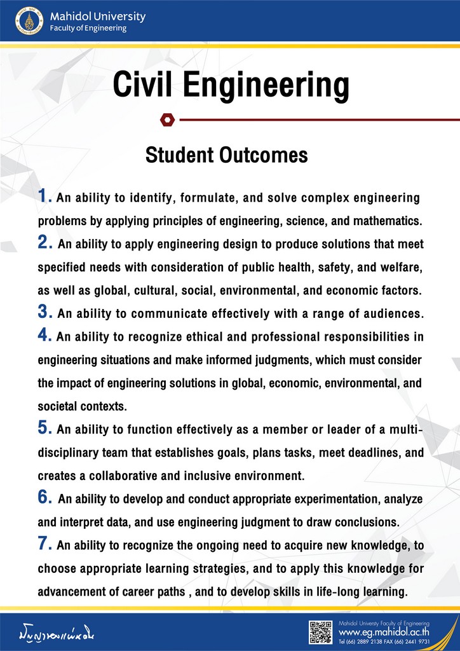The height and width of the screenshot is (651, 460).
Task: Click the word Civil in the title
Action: tap(147, 85)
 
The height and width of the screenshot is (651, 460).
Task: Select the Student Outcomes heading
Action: tap(227, 154)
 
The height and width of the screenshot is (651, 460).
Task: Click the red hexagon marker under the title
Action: tap(167, 118)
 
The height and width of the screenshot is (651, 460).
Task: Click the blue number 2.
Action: tap(44, 242)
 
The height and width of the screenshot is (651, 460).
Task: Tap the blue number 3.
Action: tap(44, 312)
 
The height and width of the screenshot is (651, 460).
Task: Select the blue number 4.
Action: tap(44, 335)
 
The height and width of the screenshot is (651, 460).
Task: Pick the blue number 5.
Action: tap(44, 428)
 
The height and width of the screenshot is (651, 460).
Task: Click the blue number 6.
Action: tap(44, 498)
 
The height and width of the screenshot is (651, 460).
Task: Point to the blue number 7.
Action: tap(44, 544)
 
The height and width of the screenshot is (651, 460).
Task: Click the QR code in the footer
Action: tap(320, 632)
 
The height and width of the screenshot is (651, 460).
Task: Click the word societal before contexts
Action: tap(57, 406)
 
